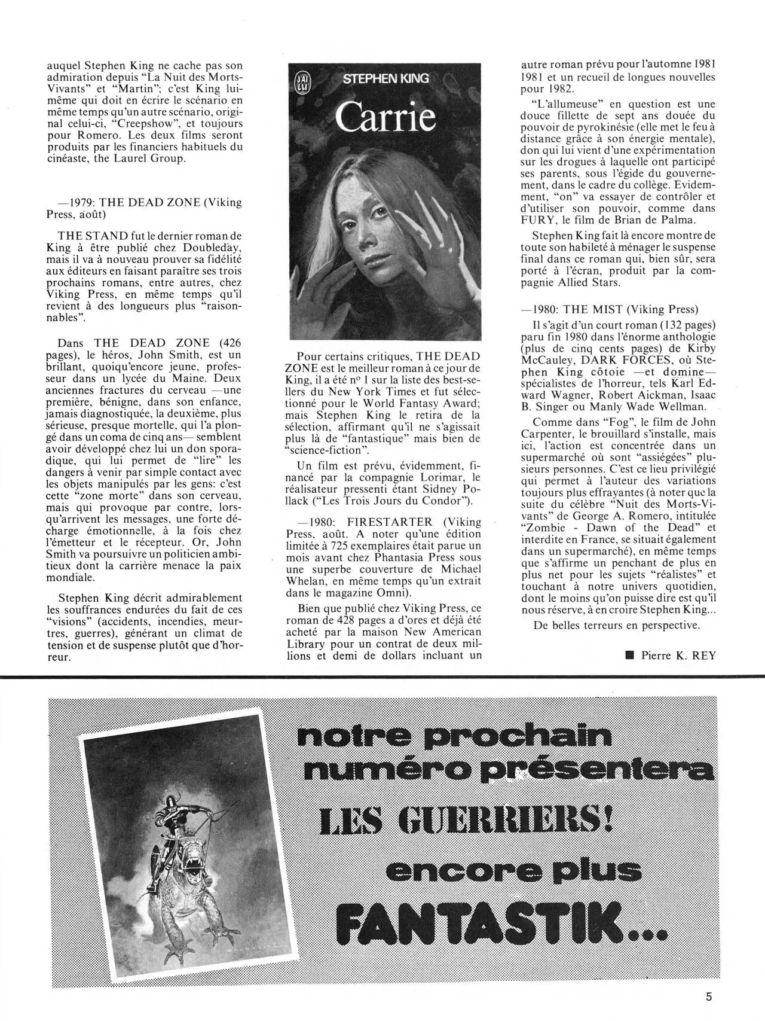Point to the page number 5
tap(709, 996)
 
